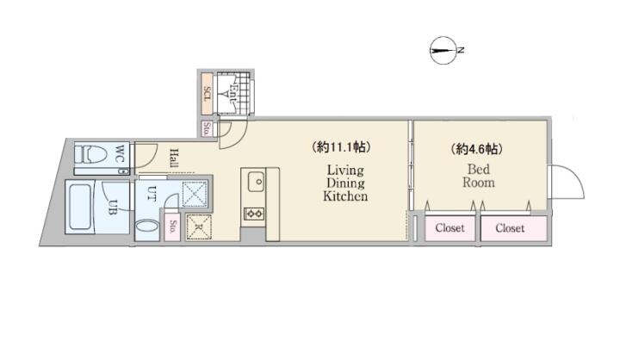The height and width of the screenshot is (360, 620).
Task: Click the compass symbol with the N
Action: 444,50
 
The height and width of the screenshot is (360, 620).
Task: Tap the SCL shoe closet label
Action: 207,94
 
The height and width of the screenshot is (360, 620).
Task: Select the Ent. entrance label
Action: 232,93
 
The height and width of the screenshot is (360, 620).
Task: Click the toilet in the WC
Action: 92,153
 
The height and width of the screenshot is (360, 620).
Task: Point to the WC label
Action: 121,153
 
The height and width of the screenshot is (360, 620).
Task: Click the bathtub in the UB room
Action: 82,208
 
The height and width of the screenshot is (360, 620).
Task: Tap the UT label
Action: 152,193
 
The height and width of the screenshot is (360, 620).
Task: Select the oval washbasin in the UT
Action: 147,228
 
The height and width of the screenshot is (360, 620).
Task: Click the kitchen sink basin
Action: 257,182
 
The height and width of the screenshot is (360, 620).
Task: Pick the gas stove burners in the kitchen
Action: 254,214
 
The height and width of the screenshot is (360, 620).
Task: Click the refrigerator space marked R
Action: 199,227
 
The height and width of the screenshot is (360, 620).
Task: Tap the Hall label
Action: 174,158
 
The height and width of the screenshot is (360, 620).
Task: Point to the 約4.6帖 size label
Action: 477,149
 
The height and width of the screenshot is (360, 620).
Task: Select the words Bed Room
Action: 479,176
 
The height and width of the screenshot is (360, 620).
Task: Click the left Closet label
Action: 450,228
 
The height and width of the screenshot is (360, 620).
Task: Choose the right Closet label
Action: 510,228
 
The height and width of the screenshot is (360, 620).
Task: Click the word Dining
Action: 345,183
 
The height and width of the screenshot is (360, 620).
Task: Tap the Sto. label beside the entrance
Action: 206,129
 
